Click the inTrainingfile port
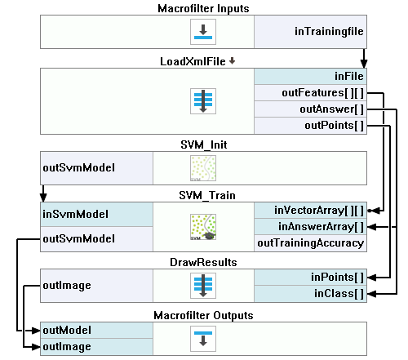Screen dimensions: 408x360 click(x=310, y=32)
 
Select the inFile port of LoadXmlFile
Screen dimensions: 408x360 click(x=310, y=76)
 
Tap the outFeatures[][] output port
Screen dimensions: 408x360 click(x=310, y=93)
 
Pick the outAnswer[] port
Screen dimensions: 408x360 click(x=310, y=109)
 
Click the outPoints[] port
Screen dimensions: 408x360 click(x=310, y=126)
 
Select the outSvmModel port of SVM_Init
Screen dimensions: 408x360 click(x=97, y=168)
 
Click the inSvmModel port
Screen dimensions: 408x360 click(x=97, y=214)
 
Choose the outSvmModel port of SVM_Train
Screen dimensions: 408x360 click(x=97, y=239)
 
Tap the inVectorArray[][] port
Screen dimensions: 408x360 click(x=310, y=211)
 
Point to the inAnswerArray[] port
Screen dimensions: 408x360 click(x=310, y=227)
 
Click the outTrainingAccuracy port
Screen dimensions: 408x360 click(x=310, y=243)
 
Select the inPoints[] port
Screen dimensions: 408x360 click(x=310, y=278)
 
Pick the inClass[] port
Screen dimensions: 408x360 click(x=310, y=294)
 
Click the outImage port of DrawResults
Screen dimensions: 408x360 click(x=97, y=286)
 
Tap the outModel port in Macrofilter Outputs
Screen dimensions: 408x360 click(x=97, y=331)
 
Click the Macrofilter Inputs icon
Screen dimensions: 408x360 click(x=203, y=32)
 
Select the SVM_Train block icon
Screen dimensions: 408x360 click(x=203, y=227)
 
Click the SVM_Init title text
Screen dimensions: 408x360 click(x=204, y=144)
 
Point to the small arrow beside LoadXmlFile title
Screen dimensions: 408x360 click(x=232, y=60)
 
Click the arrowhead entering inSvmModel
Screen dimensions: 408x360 click(x=43, y=198)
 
